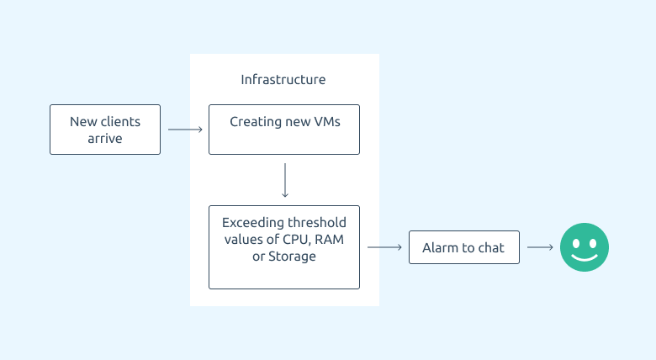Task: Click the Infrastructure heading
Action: click(x=283, y=80)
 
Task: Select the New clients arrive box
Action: click(x=105, y=130)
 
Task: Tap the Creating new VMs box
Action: click(x=284, y=130)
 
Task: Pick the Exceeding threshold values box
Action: click(x=284, y=247)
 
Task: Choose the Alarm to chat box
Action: click(x=464, y=247)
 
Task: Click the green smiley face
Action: click(x=585, y=247)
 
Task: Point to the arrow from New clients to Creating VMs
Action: click(x=185, y=130)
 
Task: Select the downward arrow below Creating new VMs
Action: click(x=285, y=180)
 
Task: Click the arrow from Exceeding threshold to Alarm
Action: click(x=384, y=247)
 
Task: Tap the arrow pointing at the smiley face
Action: click(x=540, y=247)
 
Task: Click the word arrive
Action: click(x=105, y=139)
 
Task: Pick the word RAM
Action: click(x=329, y=240)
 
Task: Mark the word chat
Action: click(x=491, y=248)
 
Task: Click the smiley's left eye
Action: click(x=576, y=243)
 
